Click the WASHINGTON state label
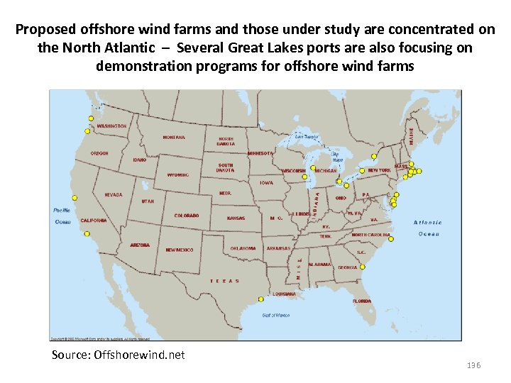[111, 126]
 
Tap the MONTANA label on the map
[174, 138]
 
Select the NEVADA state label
[114, 194]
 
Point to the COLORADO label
[187, 216]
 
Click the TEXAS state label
[224, 281]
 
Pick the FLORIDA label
[362, 301]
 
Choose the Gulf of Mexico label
[276, 315]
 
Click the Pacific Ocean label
[62, 216]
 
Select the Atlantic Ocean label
[428, 228]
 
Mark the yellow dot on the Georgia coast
[362, 267]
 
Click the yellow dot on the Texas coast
[260, 299]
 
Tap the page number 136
[473, 365]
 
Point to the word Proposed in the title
[45, 30]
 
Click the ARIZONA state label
[140, 245]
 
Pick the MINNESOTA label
[260, 153]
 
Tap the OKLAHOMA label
[243, 248]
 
